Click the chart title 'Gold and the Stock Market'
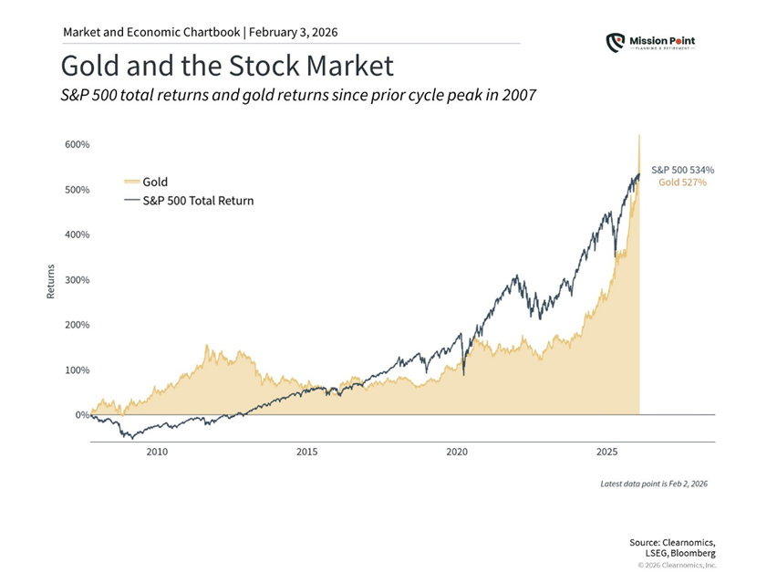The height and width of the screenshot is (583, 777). [x=227, y=66]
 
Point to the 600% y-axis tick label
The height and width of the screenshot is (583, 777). [x=76, y=144]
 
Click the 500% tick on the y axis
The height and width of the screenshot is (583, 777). [x=76, y=190]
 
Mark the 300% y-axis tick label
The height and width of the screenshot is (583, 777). [x=76, y=280]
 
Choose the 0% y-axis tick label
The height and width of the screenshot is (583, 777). [x=81, y=415]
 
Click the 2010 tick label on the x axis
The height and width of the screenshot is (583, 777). [x=156, y=452]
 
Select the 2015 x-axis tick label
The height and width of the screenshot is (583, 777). [x=306, y=452]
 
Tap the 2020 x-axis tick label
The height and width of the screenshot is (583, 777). [x=457, y=452]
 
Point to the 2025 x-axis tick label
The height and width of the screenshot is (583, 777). [x=607, y=452]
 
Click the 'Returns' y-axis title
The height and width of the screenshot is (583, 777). [x=51, y=280]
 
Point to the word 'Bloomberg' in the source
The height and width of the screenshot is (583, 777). [x=690, y=553]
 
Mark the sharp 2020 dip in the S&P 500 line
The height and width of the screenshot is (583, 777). [x=463, y=374]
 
